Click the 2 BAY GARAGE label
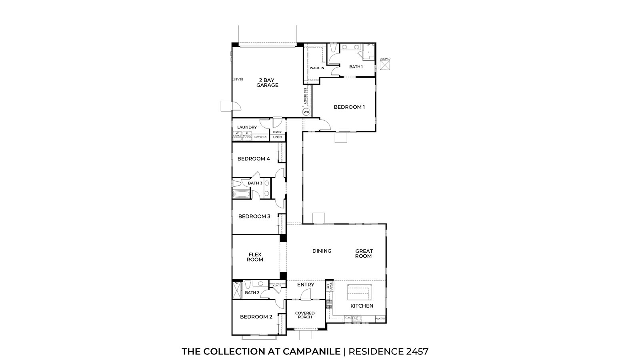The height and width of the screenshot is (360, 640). tap(267, 83)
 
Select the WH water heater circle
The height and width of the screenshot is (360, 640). tap(306, 112)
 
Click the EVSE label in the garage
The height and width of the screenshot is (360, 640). tap(239, 79)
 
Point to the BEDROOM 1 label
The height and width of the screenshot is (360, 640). tap(349, 107)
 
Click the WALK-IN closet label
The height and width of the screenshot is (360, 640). tap(317, 68)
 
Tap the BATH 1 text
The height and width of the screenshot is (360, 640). tap(356, 67)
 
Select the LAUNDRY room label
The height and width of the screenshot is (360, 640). tap(247, 127)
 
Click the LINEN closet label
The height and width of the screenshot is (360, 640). tap(277, 137)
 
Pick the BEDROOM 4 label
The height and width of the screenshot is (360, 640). tap(254, 159)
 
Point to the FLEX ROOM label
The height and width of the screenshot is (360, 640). tap(255, 257)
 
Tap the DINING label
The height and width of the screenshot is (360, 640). tap(322, 251)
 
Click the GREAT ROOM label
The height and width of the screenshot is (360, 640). tap(364, 254)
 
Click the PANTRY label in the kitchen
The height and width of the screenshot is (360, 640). tap(380, 319)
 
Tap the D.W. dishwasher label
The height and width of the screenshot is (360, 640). tap(348, 318)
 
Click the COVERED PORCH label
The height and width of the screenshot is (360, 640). tap(305, 315)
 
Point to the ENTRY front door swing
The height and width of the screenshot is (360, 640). tap(305, 295)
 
